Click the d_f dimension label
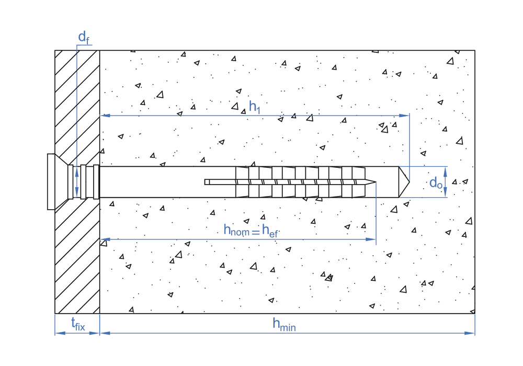[83, 37]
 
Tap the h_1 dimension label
[255, 107]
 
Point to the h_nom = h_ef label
[251, 230]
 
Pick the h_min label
[284, 325]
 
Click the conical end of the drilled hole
[404, 182]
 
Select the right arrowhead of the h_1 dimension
[405, 115]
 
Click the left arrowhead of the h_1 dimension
[104, 115]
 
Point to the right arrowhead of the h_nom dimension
[372, 239]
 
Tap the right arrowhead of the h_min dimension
[471, 333]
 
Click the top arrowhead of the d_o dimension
[446, 169]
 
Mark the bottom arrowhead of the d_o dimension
[446, 195]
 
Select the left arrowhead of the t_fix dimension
[58, 333]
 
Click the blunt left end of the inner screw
[206, 182]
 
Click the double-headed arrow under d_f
[77, 182]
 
